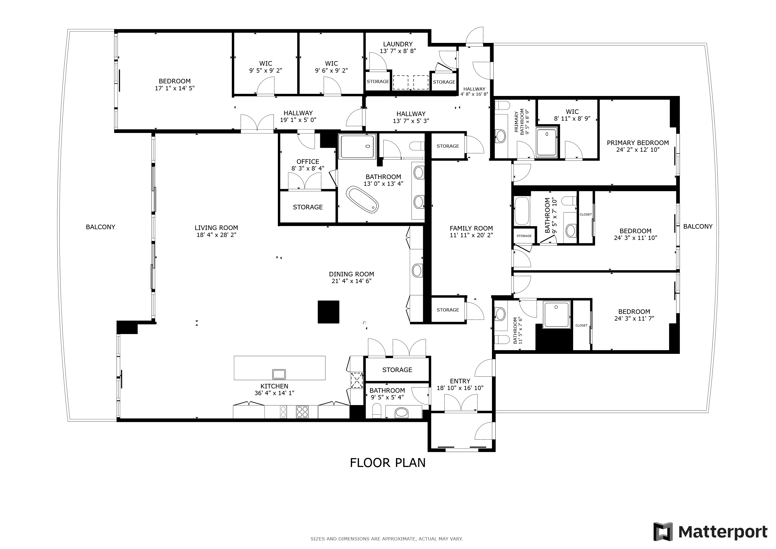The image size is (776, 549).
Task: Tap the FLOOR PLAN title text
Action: [388, 463]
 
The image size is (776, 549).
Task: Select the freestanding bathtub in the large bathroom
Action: [362, 199]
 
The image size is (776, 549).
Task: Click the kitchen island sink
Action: [279, 374]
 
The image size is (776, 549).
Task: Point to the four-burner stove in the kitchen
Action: [302, 412]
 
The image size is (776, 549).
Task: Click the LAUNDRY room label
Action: [398, 44]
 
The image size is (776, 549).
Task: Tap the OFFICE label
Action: [308, 162]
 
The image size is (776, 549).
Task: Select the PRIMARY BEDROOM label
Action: [638, 143]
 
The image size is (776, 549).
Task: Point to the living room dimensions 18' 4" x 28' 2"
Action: [216, 235]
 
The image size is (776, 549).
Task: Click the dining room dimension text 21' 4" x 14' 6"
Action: [352, 281]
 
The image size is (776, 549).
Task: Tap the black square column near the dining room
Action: [328, 312]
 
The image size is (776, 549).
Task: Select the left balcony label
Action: [100, 227]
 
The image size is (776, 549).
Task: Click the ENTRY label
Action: [460, 381]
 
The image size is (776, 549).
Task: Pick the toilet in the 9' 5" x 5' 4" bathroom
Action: [376, 411]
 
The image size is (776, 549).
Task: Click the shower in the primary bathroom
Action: [547, 142]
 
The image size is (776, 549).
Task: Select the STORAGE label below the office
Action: [308, 207]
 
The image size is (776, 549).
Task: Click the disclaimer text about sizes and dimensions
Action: [387, 539]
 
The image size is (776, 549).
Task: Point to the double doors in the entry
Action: [460, 403]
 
